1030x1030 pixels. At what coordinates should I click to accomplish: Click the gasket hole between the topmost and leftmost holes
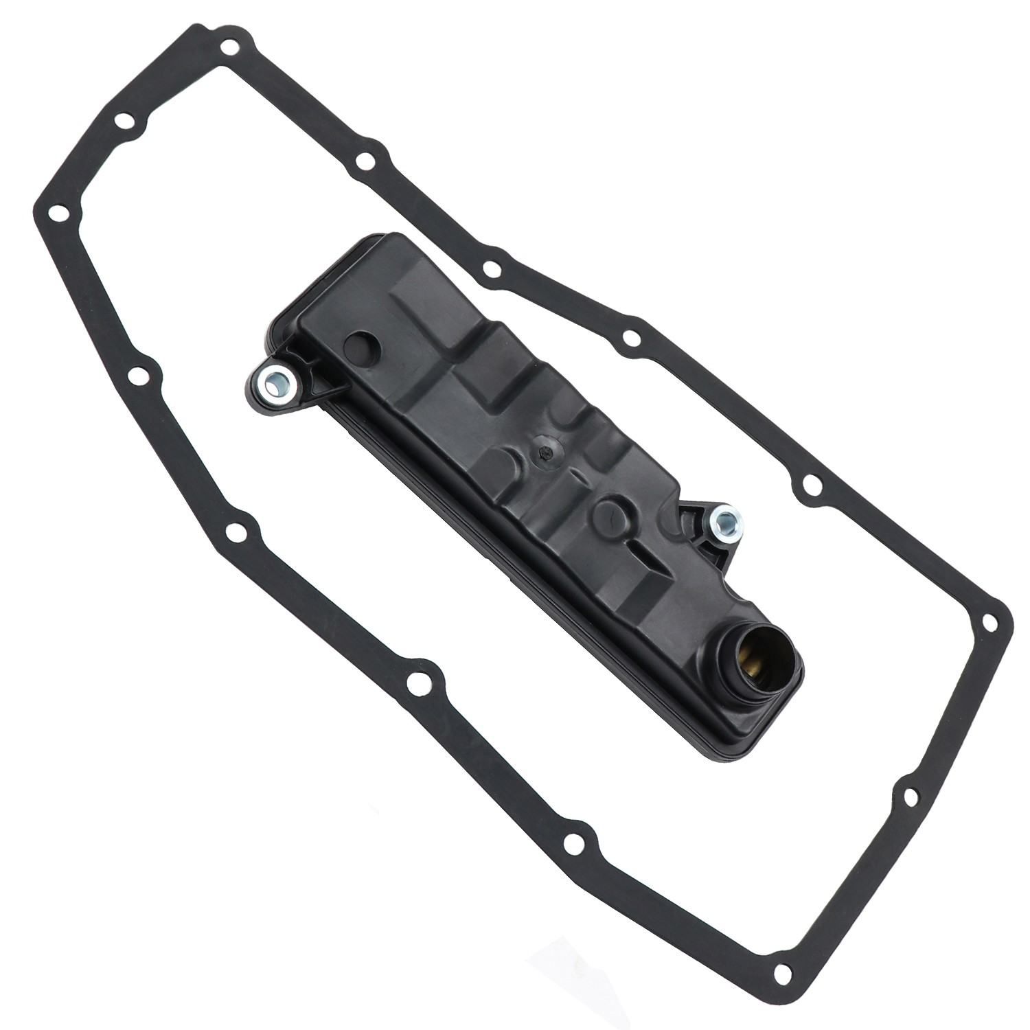click(124, 122)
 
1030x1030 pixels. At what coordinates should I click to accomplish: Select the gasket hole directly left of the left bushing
click(137, 375)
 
